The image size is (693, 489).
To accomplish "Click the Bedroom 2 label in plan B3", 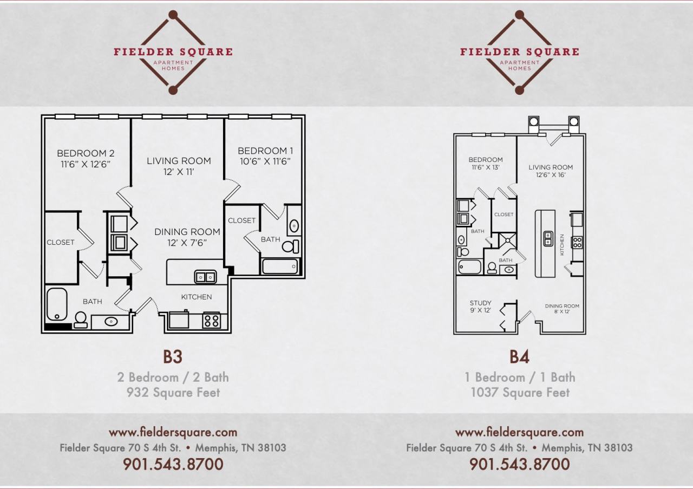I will (x=86, y=158).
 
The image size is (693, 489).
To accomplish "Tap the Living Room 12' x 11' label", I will (x=179, y=166).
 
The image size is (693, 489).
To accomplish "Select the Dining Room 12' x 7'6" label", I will (x=187, y=237).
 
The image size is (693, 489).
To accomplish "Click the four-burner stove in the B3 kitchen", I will (x=211, y=321).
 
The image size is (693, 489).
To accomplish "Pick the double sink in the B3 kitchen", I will (x=205, y=277).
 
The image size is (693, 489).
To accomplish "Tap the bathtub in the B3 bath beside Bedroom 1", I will (x=280, y=266).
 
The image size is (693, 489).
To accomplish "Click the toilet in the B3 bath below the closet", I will (x=80, y=320).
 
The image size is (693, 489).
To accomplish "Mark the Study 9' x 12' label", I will (x=481, y=307).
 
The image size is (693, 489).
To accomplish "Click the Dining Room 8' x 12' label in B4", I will (x=562, y=309).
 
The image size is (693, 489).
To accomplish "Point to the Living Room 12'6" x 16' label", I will (x=551, y=171).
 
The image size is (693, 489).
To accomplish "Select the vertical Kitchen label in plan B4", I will (x=563, y=245).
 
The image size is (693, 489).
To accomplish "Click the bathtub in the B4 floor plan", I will (x=469, y=267).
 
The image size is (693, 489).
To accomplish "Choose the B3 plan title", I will (x=173, y=357).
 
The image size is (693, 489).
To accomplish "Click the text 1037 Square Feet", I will (x=520, y=393).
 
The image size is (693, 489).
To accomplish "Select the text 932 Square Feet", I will (x=173, y=393).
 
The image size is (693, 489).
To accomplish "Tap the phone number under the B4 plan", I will (x=519, y=464).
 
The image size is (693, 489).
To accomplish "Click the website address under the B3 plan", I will (x=173, y=432).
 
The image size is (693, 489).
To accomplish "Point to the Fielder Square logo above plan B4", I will (x=520, y=52).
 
